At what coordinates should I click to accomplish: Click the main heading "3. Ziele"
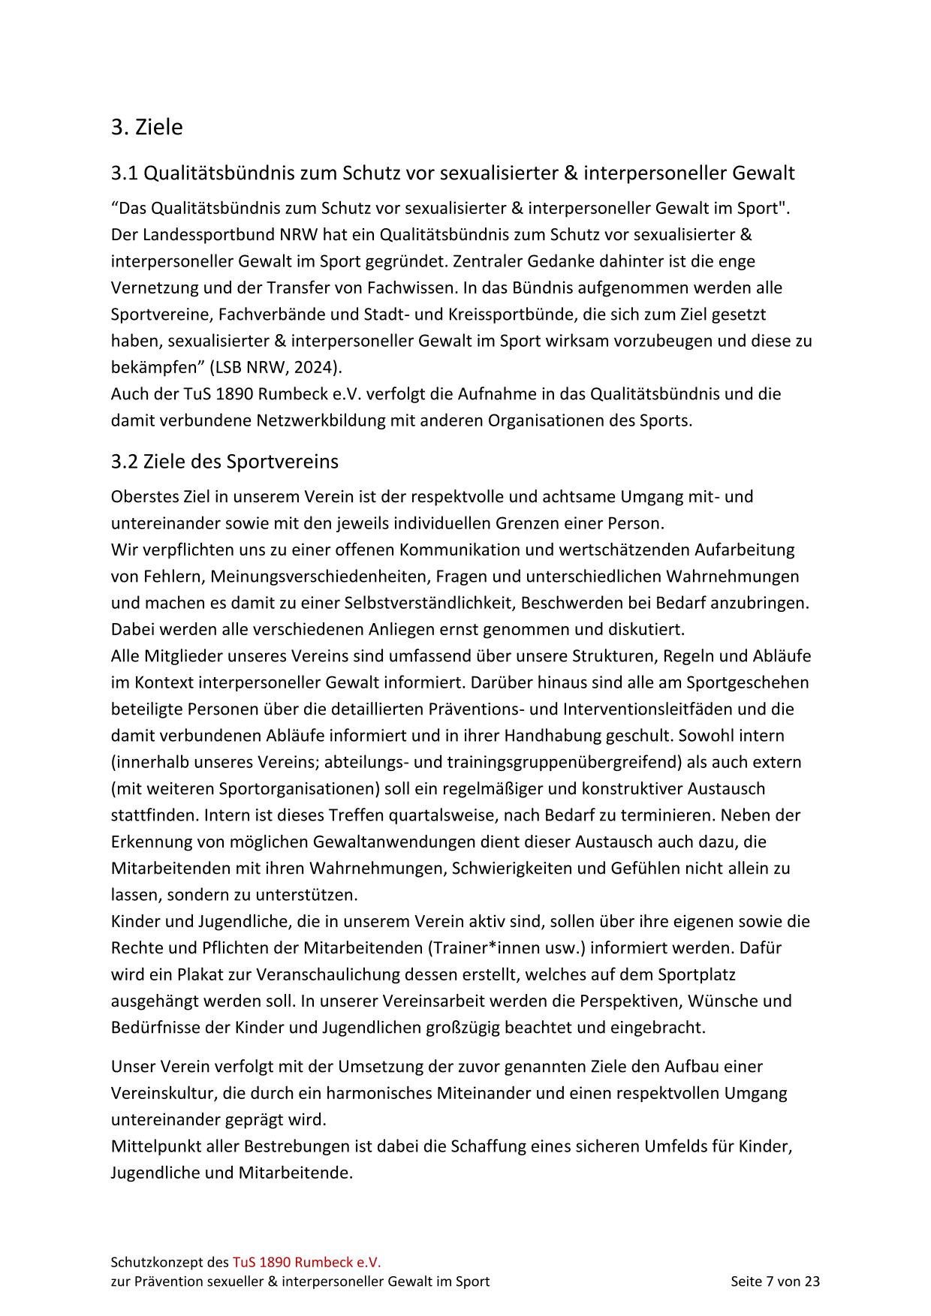click(x=146, y=127)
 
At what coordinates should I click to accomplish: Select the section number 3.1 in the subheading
click(x=125, y=173)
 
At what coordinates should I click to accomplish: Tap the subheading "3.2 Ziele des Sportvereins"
click(x=224, y=461)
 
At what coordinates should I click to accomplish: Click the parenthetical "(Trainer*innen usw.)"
click(x=507, y=947)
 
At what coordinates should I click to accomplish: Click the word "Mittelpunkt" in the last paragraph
click(x=153, y=1146)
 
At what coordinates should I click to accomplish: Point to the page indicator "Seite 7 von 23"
click(x=775, y=1281)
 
